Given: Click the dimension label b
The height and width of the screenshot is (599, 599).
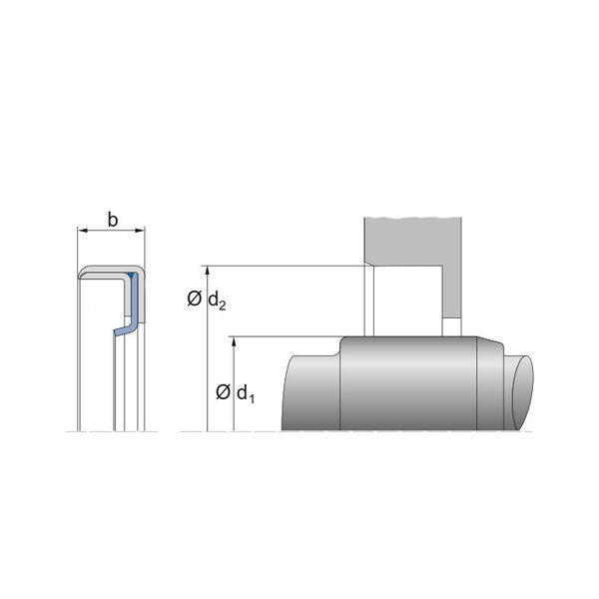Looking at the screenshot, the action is click(x=113, y=220).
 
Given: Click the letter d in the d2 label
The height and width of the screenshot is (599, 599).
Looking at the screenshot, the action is click(x=214, y=299).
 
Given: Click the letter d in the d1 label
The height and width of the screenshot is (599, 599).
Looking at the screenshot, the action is click(x=243, y=392).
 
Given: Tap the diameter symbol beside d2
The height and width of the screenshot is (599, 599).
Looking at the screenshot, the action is click(x=194, y=299).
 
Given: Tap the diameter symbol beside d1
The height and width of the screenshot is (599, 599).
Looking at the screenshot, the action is click(x=223, y=392).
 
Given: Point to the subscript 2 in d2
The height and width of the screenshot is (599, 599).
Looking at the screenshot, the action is click(x=223, y=305).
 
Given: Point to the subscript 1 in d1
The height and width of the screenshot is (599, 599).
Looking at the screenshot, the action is click(x=252, y=398).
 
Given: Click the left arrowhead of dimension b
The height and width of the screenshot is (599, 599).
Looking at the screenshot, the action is click(x=83, y=231).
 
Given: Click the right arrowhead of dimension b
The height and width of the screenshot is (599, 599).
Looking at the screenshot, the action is click(x=140, y=231).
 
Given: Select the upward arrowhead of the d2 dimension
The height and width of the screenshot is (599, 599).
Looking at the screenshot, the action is click(x=208, y=271).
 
